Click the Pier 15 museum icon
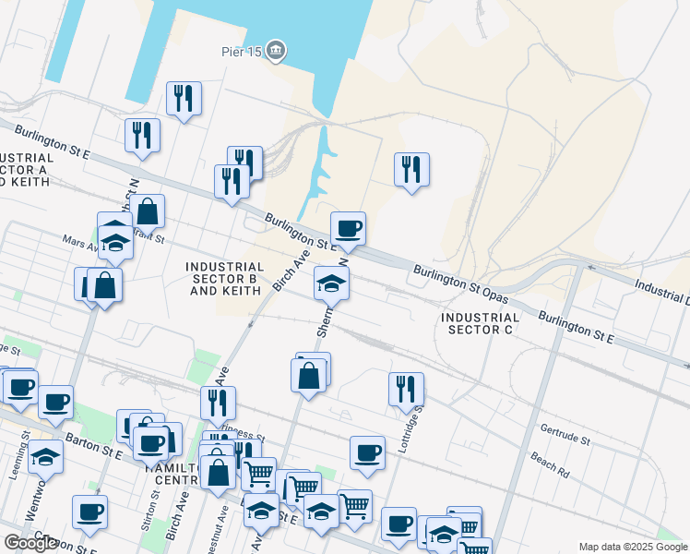[x=276, y=52]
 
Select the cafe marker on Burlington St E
[x=348, y=229]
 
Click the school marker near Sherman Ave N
[x=331, y=283]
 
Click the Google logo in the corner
[x=30, y=543]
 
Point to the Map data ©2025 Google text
[x=633, y=547]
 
